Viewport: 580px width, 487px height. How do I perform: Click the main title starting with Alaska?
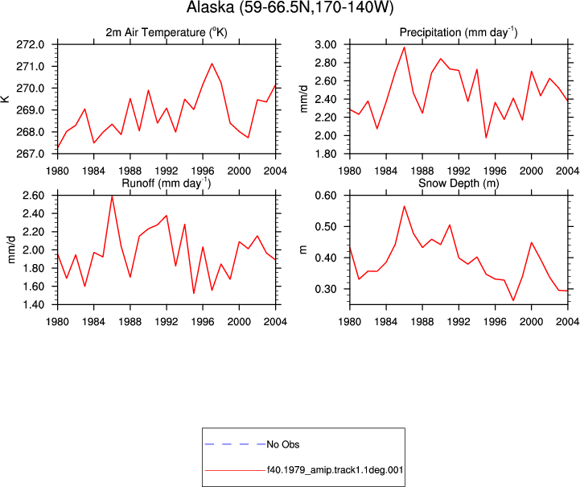coord(290,6)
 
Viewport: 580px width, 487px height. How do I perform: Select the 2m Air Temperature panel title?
coord(167,32)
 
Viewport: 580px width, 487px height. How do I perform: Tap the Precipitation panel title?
coord(459,32)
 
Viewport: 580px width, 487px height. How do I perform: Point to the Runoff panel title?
coord(167,183)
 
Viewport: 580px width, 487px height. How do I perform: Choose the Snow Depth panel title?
coord(459,183)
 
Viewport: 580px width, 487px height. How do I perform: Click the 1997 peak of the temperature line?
coord(212,64)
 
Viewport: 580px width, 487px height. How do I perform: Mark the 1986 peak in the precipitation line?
coord(405,47)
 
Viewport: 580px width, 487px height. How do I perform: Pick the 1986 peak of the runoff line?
coord(112,196)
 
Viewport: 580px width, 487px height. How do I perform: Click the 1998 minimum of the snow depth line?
coord(513,300)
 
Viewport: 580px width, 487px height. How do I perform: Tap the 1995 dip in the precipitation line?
coord(486,138)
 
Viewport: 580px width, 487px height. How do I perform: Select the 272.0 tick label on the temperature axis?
coord(31,44)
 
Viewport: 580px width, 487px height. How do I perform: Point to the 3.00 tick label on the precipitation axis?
coord(326,44)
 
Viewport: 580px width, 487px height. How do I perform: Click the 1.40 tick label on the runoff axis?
coord(33,304)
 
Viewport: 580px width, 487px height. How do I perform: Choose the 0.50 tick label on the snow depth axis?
coord(326,226)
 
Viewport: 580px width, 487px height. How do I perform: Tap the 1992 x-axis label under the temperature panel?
coord(167,171)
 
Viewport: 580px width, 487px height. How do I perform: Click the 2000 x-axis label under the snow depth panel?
coord(531,322)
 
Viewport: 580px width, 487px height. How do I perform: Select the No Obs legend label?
coord(283,444)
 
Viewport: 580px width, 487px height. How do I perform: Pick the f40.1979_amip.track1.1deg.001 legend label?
coord(335,470)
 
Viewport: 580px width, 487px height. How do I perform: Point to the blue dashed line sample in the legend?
coord(235,444)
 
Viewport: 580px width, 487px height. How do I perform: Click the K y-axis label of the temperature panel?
coord(6,99)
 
